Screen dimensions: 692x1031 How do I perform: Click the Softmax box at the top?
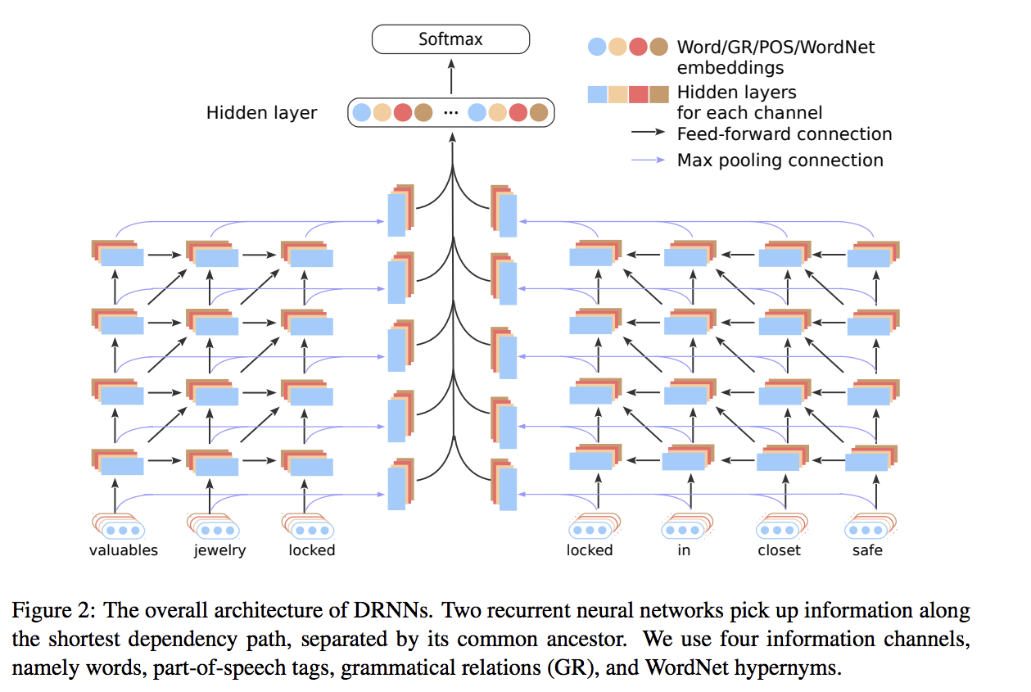tap(450, 38)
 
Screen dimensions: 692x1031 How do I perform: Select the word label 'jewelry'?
tap(219, 550)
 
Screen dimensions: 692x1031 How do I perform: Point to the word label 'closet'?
tap(779, 550)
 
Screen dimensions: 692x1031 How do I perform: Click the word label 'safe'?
tap(867, 550)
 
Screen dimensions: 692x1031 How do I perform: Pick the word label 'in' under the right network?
tap(684, 550)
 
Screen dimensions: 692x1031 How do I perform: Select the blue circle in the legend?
tap(598, 47)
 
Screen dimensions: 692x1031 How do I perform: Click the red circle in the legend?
tap(639, 47)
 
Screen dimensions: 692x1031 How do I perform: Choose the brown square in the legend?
tap(659, 93)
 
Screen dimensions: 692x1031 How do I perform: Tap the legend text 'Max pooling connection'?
tap(780, 161)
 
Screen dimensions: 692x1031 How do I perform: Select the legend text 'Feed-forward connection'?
tap(784, 134)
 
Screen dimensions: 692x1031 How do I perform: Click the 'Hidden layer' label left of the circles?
tap(261, 113)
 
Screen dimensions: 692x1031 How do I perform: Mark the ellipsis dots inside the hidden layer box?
tap(450, 113)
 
